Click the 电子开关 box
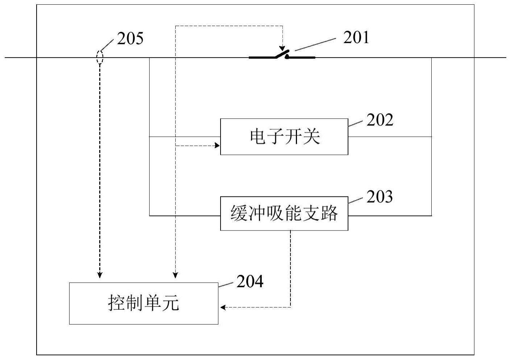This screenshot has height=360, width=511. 284,137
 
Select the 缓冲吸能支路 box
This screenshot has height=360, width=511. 284,213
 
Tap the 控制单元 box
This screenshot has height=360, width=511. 144,303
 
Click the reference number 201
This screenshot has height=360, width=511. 356,37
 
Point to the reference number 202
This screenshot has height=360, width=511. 380,120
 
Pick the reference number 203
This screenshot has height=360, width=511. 380,196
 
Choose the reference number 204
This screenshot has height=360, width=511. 250,281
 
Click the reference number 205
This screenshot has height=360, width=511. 130,38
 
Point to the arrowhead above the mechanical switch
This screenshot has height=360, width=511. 282,48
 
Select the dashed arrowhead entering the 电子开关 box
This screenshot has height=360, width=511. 217,145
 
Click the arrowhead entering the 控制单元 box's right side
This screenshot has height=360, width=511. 223,308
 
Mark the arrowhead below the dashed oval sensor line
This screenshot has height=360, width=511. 100,275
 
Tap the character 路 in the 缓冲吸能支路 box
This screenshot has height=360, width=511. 330,213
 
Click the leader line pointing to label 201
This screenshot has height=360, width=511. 315,45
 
